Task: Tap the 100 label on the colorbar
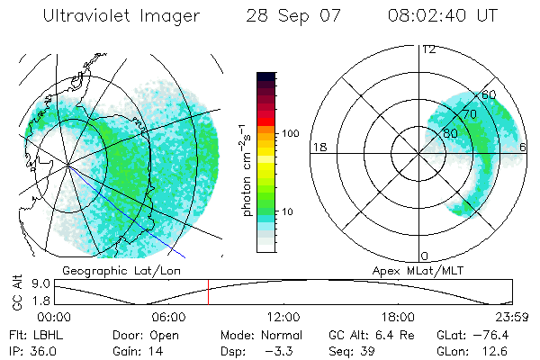290,133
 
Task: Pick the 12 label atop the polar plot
428,49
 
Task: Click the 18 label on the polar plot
318,147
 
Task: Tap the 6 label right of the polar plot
523,147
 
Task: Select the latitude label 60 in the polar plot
490,94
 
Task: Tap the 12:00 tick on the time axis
283,317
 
